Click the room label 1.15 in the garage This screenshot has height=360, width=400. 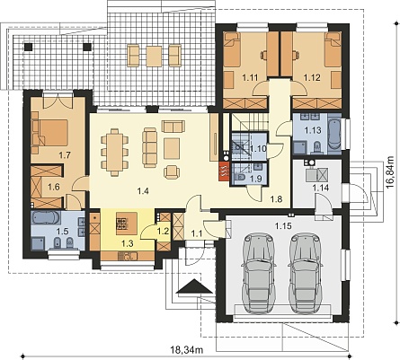tap(283, 225)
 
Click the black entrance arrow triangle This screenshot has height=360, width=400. tap(194, 286)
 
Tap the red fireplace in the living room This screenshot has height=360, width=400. tap(225, 171)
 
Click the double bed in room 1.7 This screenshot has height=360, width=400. tap(51, 133)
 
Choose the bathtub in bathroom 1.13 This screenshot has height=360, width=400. tap(334, 134)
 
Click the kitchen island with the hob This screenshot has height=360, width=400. tap(127, 224)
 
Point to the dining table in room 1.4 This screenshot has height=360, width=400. tap(115, 152)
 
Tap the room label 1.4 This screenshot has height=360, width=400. tap(143, 190)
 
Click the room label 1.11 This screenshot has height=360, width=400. tap(250, 77)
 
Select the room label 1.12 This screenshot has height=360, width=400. tap(312, 77)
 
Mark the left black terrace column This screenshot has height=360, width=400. tap(28, 47)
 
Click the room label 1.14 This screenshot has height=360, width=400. tap(321, 188)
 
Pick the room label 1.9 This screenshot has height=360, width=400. tap(255, 179)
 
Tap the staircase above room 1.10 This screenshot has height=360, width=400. tap(250, 122)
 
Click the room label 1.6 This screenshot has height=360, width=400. tap(54, 187)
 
